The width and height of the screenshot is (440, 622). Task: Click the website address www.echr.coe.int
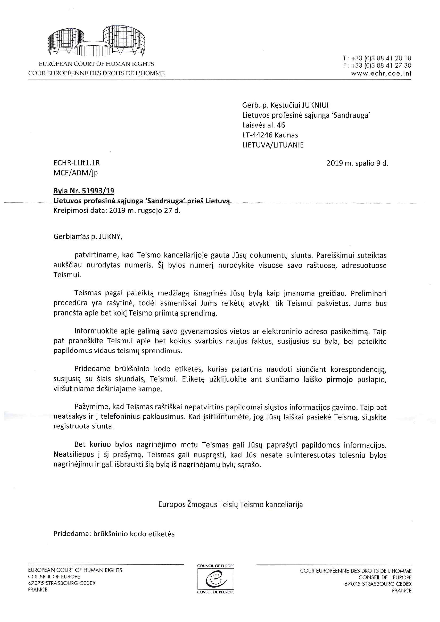click(381, 73)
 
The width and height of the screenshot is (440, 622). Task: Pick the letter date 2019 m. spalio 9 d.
click(357, 163)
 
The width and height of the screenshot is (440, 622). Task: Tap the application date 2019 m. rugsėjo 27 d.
click(145, 211)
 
